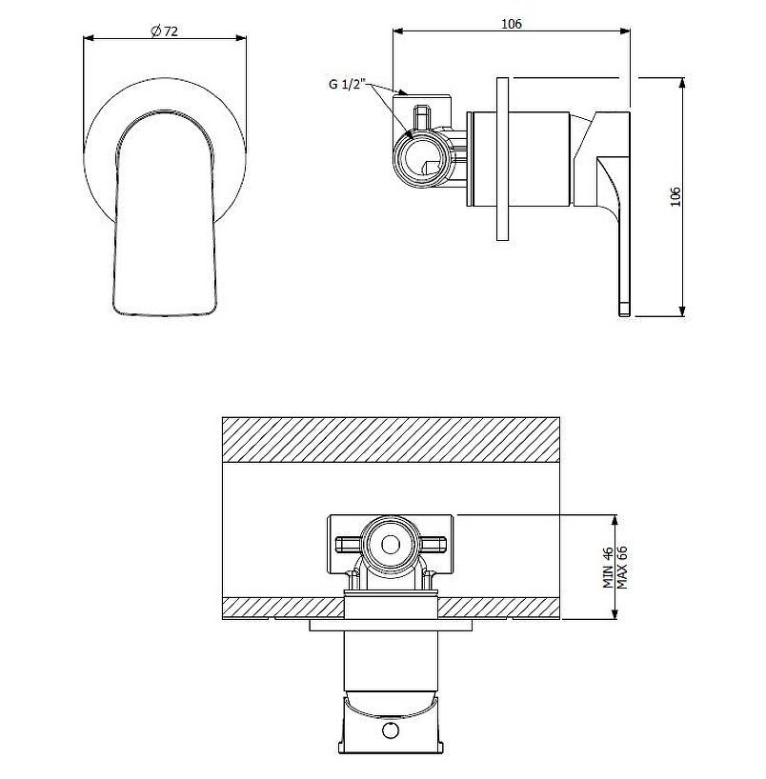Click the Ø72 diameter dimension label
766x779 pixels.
click(x=164, y=31)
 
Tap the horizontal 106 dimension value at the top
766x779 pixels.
click(x=512, y=24)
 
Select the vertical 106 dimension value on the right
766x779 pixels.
click(x=675, y=197)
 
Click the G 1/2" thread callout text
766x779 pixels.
click(x=348, y=84)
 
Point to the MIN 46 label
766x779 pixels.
click(x=608, y=568)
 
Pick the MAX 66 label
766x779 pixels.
click(x=622, y=568)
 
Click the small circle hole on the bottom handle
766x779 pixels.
click(x=390, y=730)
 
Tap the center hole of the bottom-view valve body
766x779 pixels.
click(x=391, y=545)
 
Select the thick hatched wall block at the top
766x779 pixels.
click(x=391, y=440)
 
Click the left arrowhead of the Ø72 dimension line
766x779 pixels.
click(x=89, y=38)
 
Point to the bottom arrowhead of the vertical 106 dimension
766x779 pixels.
click(x=683, y=310)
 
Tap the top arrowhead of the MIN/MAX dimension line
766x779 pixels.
click(x=615, y=521)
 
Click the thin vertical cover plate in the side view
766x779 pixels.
click(x=502, y=159)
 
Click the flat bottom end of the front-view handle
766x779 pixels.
click(x=165, y=313)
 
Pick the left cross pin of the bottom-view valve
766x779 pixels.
click(x=348, y=545)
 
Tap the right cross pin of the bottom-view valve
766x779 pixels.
click(x=433, y=545)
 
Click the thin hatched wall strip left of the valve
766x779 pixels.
click(x=283, y=608)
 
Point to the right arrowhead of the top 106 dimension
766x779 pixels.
click(x=624, y=30)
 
